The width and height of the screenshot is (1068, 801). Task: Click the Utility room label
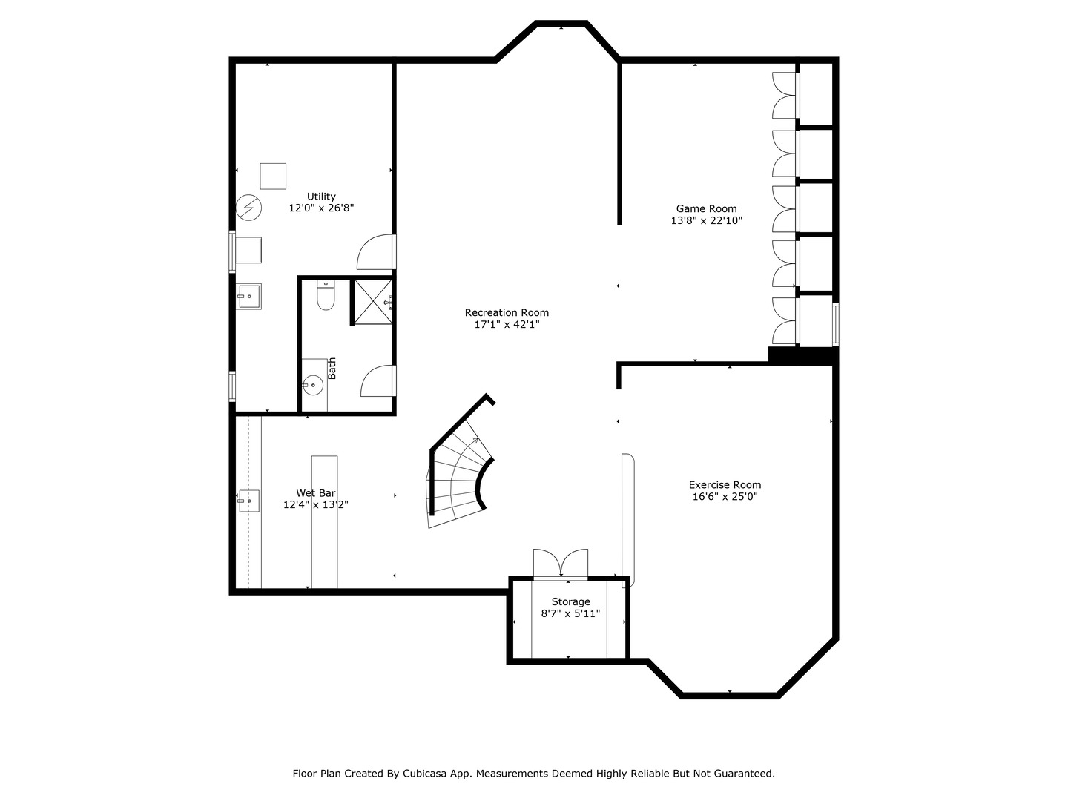[321, 197]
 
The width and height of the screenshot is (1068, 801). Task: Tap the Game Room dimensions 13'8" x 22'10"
[707, 220]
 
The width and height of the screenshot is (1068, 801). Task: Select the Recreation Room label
[507, 313]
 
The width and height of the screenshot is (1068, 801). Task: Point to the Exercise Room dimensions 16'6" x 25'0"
[725, 497]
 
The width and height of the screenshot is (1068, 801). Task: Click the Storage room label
[571, 602]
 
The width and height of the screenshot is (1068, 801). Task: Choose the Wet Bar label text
[316, 493]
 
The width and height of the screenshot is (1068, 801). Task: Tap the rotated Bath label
[332, 368]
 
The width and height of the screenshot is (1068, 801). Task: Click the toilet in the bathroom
[326, 294]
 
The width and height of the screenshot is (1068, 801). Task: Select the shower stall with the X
[373, 302]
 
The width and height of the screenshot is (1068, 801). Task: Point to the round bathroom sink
[313, 385]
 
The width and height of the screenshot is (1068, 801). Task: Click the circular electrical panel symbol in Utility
[248, 208]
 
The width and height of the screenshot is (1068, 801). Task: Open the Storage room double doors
[561, 564]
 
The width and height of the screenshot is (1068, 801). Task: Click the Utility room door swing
[375, 252]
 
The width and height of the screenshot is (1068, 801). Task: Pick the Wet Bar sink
[248, 501]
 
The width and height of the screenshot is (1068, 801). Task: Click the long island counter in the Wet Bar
[325, 522]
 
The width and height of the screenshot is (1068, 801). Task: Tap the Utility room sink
[249, 296]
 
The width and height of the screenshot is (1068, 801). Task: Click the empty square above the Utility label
[273, 176]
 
